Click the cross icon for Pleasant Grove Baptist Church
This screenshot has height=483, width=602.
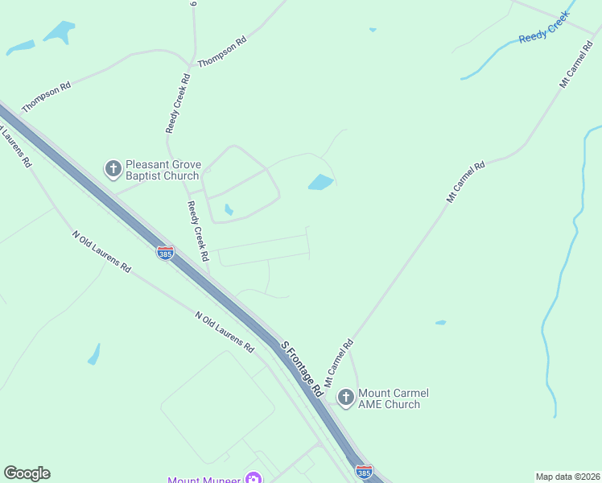[113, 169]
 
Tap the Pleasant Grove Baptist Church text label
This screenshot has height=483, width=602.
[163, 170]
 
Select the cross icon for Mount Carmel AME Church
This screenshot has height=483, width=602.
[345, 397]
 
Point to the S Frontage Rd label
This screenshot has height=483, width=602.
[302, 368]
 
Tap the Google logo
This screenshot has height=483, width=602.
[27, 473]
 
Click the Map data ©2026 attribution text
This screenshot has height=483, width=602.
[567, 476]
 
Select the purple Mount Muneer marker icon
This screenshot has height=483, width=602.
[254, 479]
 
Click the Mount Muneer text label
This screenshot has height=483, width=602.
[204, 480]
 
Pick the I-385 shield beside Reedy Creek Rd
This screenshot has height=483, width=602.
[165, 253]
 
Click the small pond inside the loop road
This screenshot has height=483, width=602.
[229, 210]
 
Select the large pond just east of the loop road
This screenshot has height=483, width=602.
[320, 183]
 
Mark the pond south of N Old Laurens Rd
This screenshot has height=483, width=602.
[94, 353]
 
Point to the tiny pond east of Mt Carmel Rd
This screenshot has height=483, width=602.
[440, 323]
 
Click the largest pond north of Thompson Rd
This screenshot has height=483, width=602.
[59, 31]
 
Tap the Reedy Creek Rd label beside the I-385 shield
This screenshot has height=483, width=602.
[198, 232]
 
